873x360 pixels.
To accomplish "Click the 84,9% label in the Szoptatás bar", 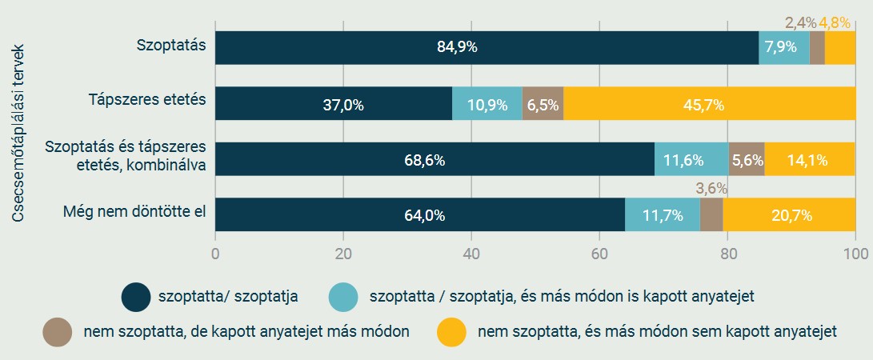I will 457,47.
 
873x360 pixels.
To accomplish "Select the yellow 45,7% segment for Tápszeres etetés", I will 709,104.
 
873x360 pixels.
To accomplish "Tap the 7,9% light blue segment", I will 784,47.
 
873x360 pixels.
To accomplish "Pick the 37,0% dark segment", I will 334,104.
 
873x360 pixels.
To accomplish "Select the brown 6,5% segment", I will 543,104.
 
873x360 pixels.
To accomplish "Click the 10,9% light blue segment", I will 487,104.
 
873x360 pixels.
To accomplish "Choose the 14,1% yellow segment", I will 809,159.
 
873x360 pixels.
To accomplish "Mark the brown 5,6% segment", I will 747,159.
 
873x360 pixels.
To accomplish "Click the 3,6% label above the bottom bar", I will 711,189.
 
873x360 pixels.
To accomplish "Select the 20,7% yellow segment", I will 789,214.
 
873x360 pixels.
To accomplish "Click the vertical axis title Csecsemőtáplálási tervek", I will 18,133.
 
